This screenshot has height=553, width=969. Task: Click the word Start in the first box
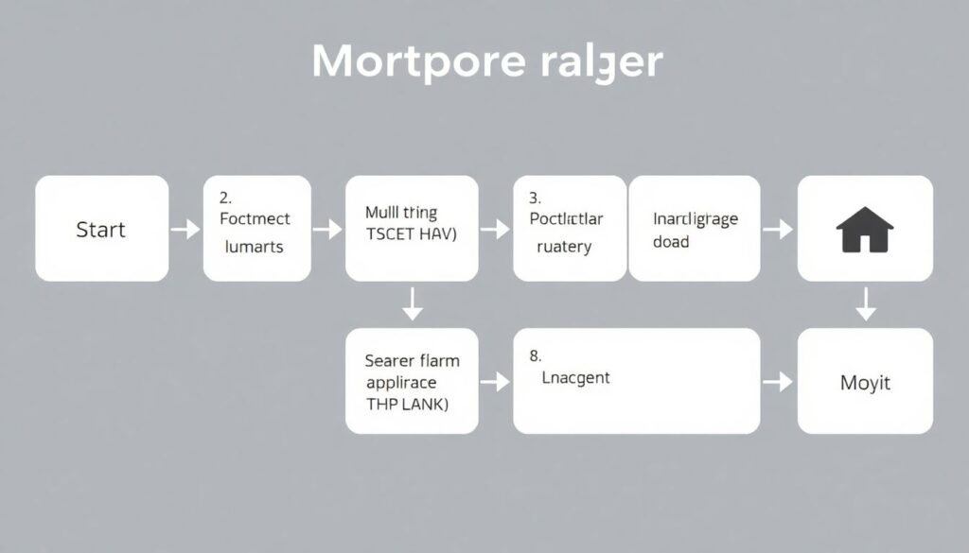(100, 230)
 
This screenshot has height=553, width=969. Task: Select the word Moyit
(865, 383)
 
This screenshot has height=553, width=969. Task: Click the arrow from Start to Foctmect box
(185, 229)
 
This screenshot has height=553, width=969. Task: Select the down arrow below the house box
(865, 304)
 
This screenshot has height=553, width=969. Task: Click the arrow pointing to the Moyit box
(777, 382)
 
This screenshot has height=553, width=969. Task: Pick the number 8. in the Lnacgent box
(535, 356)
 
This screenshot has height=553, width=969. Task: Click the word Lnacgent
(575, 378)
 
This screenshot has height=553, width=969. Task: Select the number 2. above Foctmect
(225, 198)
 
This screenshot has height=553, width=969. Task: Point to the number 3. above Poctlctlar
(535, 198)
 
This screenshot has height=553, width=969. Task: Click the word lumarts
(254, 247)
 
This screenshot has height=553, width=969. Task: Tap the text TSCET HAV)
(411, 236)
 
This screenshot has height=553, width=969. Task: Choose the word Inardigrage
(696, 219)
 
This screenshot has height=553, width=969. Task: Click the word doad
(671, 242)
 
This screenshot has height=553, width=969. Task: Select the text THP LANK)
(407, 403)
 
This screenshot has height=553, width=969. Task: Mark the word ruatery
(563, 247)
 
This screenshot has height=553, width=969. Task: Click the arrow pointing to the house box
(777, 229)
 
